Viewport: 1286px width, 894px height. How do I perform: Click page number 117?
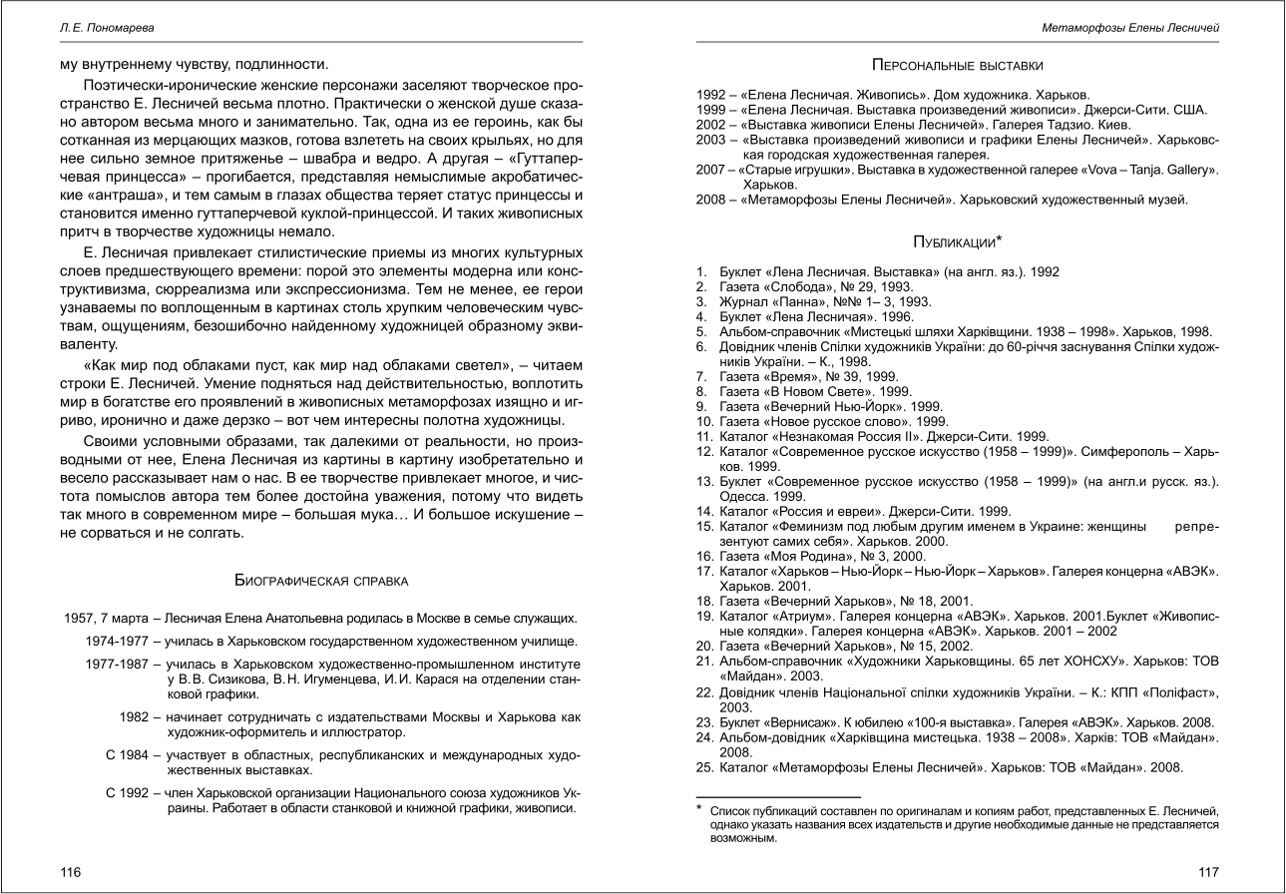point(1209,871)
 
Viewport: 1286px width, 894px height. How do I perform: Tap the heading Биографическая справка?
point(320,579)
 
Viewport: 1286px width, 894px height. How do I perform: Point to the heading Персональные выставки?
point(958,66)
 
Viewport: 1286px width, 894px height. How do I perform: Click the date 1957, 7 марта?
point(97,618)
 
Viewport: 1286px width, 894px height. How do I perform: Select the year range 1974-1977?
point(118,641)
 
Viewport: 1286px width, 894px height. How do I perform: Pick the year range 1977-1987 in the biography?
point(118,664)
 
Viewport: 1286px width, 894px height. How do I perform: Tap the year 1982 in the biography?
point(135,716)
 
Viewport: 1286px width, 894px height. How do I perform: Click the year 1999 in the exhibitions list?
point(711,110)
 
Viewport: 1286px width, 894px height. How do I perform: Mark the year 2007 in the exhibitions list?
point(711,170)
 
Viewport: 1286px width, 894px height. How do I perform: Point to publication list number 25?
point(704,767)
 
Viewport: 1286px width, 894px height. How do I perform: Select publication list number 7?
point(701,376)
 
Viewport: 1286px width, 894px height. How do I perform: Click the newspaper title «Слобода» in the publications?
point(792,285)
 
